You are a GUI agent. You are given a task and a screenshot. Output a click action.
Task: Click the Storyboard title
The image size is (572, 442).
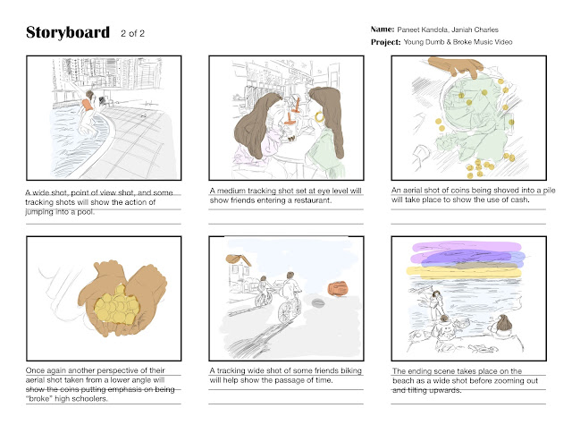pyautogui.click(x=68, y=32)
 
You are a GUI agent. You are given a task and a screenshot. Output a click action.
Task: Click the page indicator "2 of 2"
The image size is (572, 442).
pyautogui.click(x=133, y=34)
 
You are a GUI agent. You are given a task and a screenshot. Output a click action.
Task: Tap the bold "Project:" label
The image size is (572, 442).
pyautogui.click(x=385, y=42)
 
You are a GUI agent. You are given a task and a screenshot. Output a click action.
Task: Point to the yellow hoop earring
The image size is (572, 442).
pyautogui.click(x=320, y=117)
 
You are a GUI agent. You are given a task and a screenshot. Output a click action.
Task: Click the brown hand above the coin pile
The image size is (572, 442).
pyautogui.click(x=456, y=66)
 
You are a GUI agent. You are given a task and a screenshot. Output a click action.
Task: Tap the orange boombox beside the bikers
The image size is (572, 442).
pyautogui.click(x=338, y=288)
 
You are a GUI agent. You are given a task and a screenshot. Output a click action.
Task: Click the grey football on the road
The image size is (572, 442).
pyautogui.click(x=318, y=302)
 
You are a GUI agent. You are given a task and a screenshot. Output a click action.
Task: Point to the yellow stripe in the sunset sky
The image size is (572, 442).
pyautogui.click(x=464, y=272)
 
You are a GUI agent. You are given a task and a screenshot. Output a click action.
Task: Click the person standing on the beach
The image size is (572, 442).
pyautogui.click(x=435, y=304)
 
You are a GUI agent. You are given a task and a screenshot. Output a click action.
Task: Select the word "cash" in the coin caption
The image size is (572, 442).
pyautogui.click(x=520, y=200)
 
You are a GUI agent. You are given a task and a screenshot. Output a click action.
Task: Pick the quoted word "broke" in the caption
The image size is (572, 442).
pyautogui.click(x=39, y=398)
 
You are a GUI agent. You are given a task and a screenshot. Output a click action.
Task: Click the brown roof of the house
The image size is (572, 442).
pyautogui.click(x=239, y=259)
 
